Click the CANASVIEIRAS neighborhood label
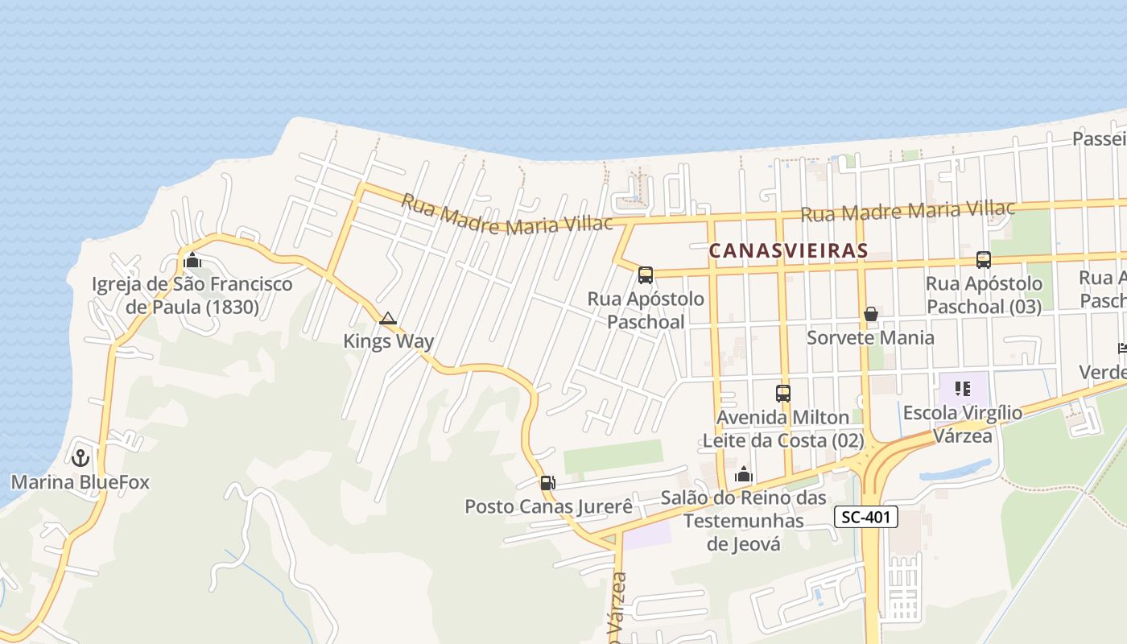[788, 250]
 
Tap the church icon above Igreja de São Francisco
[192, 260]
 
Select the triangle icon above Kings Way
[388, 318]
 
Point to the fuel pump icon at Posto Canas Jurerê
[547, 483]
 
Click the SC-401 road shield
[865, 517]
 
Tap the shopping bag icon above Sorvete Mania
[870, 313]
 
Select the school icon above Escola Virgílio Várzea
[963, 390]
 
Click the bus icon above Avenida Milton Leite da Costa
[783, 393]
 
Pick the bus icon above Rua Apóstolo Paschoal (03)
[983, 259]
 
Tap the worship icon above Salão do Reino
[744, 474]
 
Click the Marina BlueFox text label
[80, 483]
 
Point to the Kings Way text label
[388, 341]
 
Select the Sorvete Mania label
[870, 337]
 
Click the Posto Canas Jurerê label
[549, 507]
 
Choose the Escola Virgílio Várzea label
[963, 424]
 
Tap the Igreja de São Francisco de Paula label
[192, 295]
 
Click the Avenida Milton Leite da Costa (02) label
[783, 429]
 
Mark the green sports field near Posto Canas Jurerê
[613, 456]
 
